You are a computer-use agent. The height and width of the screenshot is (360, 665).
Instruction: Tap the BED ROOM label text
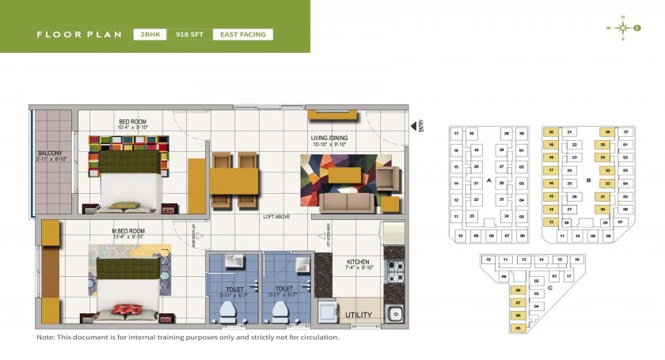pos(133,121)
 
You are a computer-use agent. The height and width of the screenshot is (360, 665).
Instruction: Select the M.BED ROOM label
pos(128,231)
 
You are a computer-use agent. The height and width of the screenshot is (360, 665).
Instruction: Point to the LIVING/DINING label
pos(329,138)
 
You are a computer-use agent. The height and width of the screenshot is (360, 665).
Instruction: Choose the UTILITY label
pos(359,315)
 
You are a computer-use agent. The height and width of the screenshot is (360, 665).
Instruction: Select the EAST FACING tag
pos(243,35)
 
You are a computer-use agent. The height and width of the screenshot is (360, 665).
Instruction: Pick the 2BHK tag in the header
pos(149,35)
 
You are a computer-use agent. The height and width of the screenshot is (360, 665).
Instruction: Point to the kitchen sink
pos(393,313)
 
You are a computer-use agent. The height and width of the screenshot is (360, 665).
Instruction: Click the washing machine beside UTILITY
pos(328,313)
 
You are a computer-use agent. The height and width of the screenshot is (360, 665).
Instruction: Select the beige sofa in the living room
pos(347,203)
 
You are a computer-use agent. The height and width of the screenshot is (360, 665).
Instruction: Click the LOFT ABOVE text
pos(276,215)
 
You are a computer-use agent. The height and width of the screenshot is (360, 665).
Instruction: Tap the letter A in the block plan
pos(489,180)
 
